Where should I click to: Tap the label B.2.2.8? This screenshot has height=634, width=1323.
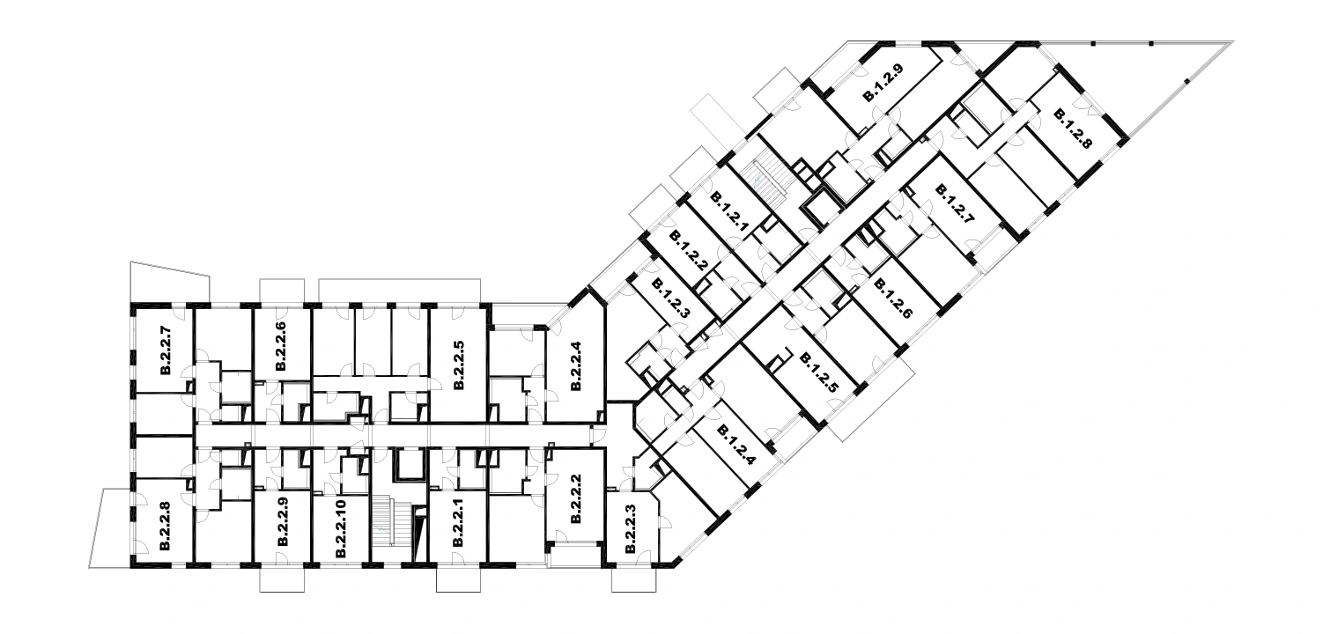(x=166, y=526)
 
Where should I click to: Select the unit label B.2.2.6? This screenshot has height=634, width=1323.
(x=281, y=346)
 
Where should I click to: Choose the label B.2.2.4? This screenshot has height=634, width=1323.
(x=576, y=365)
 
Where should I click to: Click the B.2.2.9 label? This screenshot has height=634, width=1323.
(x=283, y=522)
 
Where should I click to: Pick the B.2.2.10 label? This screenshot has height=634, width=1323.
(x=340, y=528)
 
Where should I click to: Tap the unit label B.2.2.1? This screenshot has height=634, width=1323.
(x=459, y=522)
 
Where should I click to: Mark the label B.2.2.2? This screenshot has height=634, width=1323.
(x=576, y=498)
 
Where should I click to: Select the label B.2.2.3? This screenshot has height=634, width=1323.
(x=630, y=528)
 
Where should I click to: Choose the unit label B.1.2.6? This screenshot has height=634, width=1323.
(x=892, y=299)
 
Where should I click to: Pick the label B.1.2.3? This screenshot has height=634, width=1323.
(x=670, y=299)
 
